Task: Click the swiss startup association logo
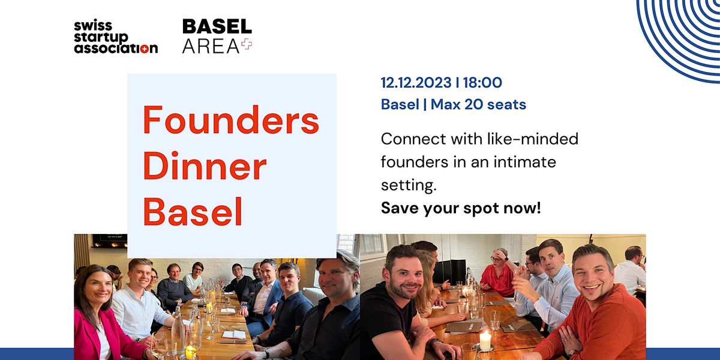click(116, 37)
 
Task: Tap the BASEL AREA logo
click(217, 36)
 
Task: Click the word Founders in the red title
click(231, 120)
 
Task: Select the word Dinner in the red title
click(205, 166)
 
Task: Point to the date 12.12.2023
click(416, 83)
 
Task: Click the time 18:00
click(482, 83)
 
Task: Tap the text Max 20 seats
click(478, 104)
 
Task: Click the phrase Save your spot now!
click(461, 208)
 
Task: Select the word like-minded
click(533, 139)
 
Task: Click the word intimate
click(524, 161)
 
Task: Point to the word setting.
click(409, 185)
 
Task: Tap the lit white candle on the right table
click(485, 341)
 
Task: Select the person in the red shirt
click(498, 273)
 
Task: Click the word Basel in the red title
click(193, 211)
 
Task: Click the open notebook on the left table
click(234, 335)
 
